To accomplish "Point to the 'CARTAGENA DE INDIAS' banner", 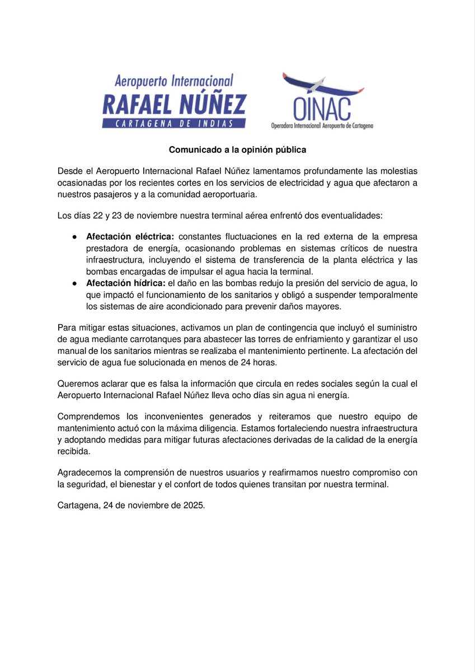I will tap(174, 124).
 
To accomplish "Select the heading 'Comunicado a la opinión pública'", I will tap(238, 150).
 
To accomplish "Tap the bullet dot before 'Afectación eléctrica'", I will tap(74, 236).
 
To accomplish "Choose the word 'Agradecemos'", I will tap(84, 473).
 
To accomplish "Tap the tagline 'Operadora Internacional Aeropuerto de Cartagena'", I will tap(322, 126).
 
